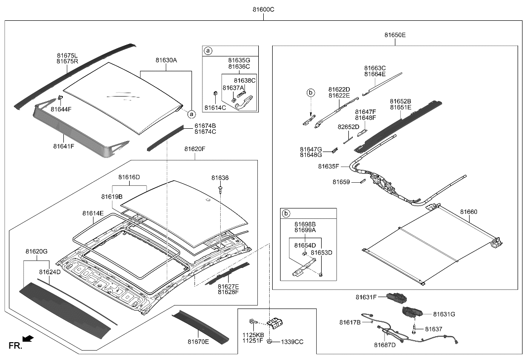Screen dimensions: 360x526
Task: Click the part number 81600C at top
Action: pos(263,9)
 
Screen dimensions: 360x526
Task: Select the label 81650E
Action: pos(395,35)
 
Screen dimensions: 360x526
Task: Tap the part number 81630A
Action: pos(166,60)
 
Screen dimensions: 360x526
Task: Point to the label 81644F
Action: pos(61,109)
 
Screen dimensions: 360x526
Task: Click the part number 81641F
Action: pos(64,146)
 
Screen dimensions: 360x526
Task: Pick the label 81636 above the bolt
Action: pos(220,177)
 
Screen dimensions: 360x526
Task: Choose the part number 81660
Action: pos(469,211)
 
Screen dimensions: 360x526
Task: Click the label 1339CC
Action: pos(292,342)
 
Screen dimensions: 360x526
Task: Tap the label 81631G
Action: pos(443,314)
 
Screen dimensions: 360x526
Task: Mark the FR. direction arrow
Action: pos(28,339)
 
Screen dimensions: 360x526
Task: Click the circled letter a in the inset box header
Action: pos(208,51)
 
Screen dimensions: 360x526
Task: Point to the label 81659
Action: pos(341,182)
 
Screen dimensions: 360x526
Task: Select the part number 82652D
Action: pos(348,127)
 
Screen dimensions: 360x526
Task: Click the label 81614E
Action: pos(93,213)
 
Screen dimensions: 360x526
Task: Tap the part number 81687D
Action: pos(384,345)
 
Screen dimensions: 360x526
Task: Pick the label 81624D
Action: pos(50,272)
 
